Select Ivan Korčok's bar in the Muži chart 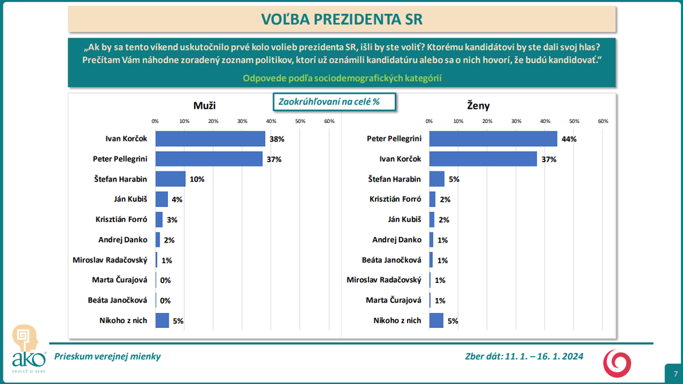(210, 139)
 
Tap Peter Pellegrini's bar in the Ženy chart (493, 139)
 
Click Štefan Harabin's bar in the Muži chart (170, 179)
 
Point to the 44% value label (569, 139)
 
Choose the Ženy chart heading (478, 105)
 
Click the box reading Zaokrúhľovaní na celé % (328, 102)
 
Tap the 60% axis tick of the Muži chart (329, 121)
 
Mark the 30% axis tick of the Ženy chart (516, 121)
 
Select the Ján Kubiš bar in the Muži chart (161, 200)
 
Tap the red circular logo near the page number (617, 362)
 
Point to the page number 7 (675, 374)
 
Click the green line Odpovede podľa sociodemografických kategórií (342, 78)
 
